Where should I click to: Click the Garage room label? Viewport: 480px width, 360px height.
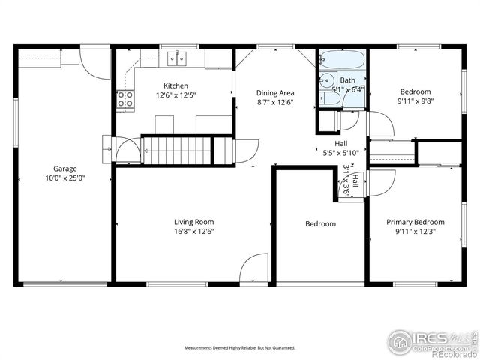tap(64, 169)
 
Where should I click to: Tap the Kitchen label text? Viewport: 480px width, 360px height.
tap(176, 86)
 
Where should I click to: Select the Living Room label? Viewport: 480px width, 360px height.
tap(194, 222)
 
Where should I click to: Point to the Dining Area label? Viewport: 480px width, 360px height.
tap(275, 93)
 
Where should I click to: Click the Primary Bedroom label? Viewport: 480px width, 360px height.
tap(415, 222)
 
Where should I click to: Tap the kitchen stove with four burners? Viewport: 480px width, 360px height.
tap(124, 99)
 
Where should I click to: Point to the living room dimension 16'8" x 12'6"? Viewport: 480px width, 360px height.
tap(194, 232)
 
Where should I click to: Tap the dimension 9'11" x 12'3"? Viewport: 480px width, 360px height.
tap(415, 232)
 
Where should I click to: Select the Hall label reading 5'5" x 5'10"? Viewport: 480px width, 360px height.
tap(340, 152)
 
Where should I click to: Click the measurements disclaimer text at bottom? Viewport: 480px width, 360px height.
tap(240, 348)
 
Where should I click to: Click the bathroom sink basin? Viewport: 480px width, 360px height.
tap(327, 81)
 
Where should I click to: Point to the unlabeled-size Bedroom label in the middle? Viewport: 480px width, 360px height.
tap(320, 224)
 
